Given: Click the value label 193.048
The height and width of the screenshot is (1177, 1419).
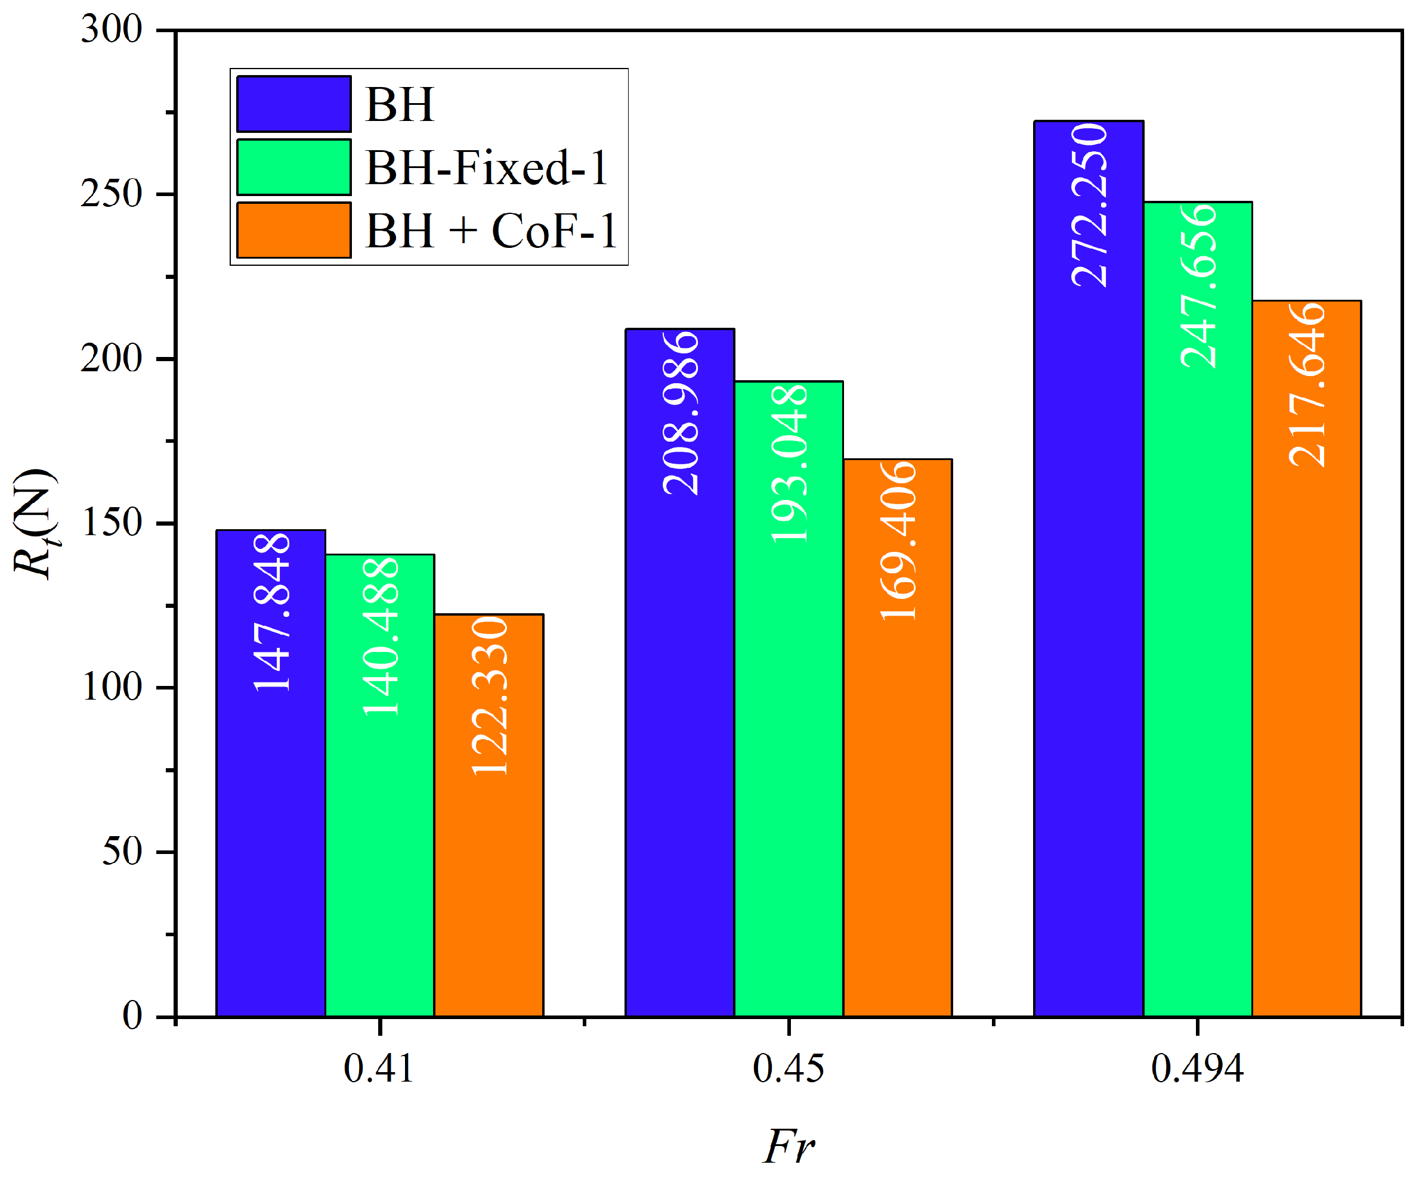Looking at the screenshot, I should pos(789,463).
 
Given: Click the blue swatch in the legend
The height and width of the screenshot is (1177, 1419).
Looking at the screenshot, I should pos(293,104).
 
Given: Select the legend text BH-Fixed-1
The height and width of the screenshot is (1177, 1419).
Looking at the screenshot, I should pos(487,167).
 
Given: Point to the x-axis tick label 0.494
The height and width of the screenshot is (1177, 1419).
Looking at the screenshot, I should pos(1197,1069).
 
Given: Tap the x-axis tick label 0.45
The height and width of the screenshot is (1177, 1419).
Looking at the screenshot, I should pos(788,1069).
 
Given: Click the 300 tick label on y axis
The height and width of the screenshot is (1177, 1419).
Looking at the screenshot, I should pos(112,30).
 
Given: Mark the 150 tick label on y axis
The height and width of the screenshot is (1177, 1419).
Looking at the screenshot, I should pos(112,522).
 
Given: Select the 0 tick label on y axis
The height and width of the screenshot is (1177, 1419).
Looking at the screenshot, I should pos(132,1014).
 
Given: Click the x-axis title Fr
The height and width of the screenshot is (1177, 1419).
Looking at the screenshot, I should pos(788,1146).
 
